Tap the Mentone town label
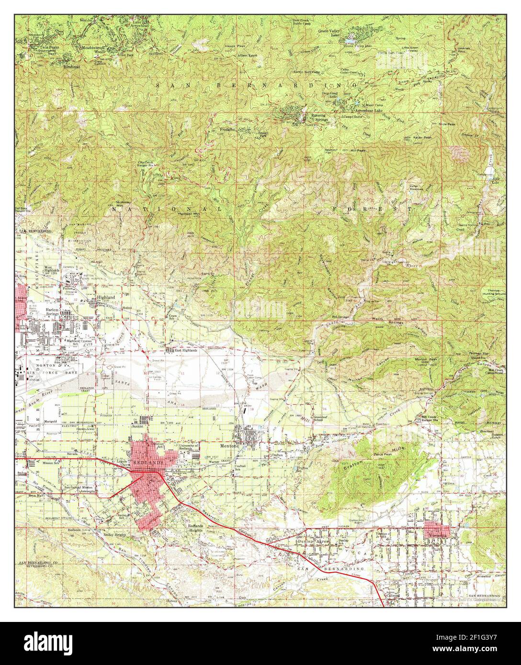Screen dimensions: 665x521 [x=226, y=444]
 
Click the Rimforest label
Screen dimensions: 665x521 [x=72, y=67]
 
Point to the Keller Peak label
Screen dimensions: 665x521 [x=422, y=138]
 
